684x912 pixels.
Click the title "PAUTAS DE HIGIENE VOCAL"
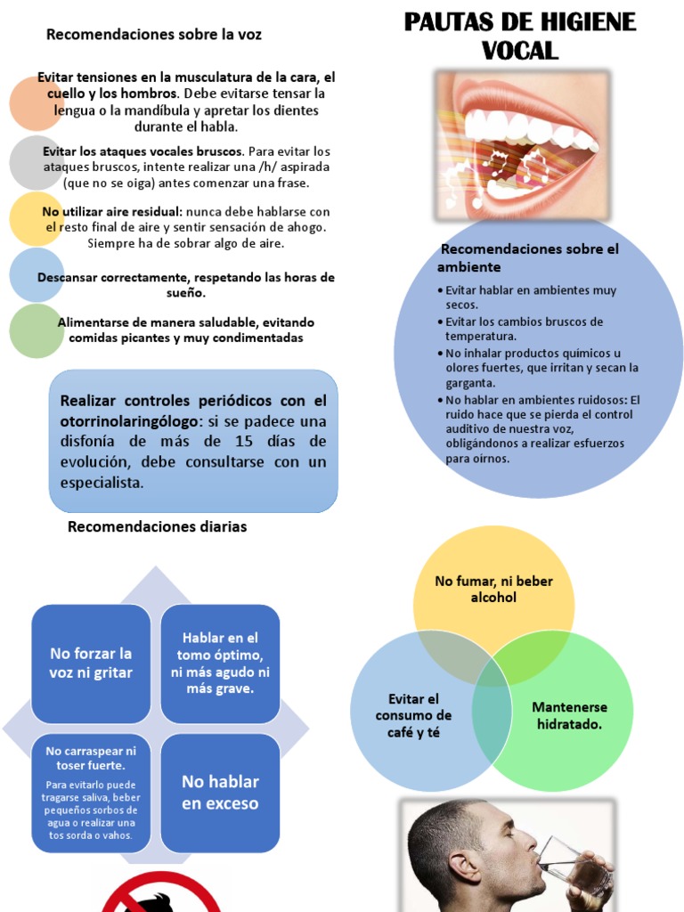coord(520,36)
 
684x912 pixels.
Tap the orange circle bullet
coord(36,103)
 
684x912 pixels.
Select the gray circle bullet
coord(36,162)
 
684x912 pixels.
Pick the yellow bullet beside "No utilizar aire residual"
coord(36,219)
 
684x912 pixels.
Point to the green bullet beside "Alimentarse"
coord(36,330)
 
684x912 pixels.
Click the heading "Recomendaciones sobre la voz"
coord(154,35)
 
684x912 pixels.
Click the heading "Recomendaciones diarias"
coord(157,527)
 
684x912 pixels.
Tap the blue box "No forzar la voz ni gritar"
coord(91,664)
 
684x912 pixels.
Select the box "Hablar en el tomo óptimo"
coord(220,664)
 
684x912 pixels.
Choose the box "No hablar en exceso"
coord(220,792)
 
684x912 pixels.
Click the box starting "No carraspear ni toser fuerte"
coord(91,792)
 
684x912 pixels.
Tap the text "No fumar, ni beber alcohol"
coord(493,589)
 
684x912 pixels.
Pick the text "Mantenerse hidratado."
coord(569,715)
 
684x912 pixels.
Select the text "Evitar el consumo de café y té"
coord(413,715)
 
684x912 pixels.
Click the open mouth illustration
coord(522,144)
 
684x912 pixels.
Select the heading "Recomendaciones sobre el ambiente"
coord(529,257)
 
